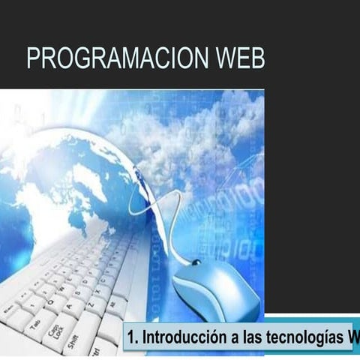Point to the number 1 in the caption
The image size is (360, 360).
tap(130, 335)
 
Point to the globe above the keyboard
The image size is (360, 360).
tap(67, 180)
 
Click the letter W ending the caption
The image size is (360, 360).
tap(352, 335)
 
